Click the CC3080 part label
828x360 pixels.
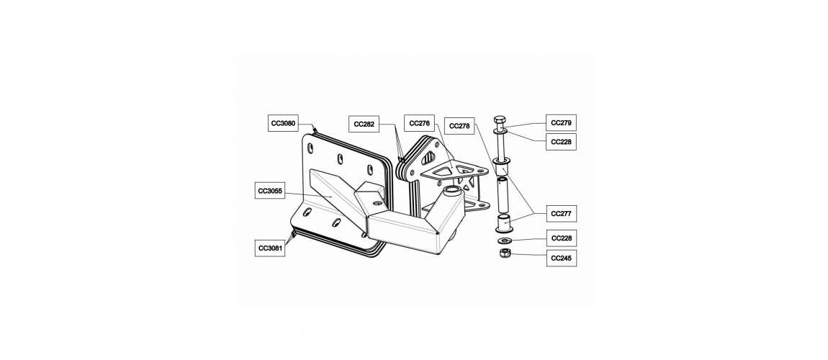(x=283, y=124)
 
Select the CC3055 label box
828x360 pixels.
(x=270, y=191)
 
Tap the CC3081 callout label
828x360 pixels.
(x=270, y=248)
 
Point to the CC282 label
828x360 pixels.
(x=364, y=125)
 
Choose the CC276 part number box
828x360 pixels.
(x=419, y=122)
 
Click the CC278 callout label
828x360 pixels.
(x=459, y=126)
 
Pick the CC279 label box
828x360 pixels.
(x=561, y=123)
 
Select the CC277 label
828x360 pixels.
(x=561, y=214)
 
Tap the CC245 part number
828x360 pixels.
(x=561, y=258)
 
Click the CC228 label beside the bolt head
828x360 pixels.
(x=561, y=142)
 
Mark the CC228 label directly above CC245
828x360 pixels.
(x=561, y=238)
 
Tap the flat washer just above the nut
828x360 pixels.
(x=504, y=241)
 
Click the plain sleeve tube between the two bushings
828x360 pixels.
(x=503, y=195)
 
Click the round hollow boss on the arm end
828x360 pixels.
(x=451, y=191)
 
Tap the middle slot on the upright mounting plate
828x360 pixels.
(x=340, y=158)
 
